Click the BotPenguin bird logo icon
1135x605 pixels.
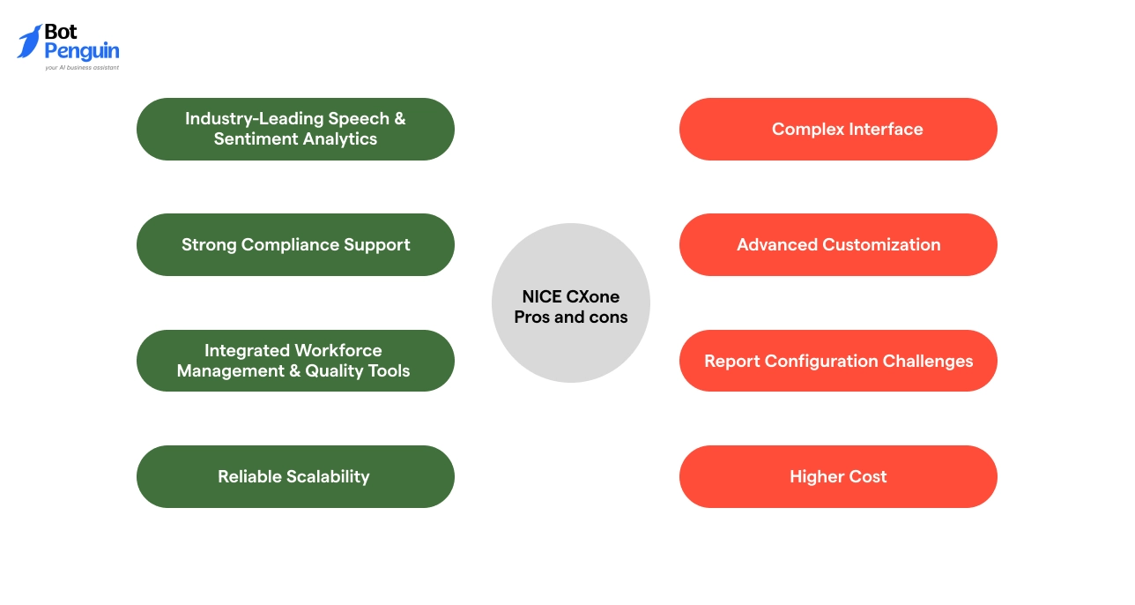[29, 41]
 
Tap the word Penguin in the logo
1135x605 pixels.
[82, 51]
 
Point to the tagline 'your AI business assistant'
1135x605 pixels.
[82, 67]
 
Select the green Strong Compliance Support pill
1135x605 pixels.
[295, 244]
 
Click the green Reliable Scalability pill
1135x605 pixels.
[295, 476]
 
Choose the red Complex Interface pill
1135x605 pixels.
[838, 129]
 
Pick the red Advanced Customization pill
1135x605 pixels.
[838, 244]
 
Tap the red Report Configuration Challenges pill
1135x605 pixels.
[838, 361]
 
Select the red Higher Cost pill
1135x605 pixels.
[838, 476]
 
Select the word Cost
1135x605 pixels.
[868, 476]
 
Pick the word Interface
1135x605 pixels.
[885, 129]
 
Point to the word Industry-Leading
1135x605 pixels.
[254, 118]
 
